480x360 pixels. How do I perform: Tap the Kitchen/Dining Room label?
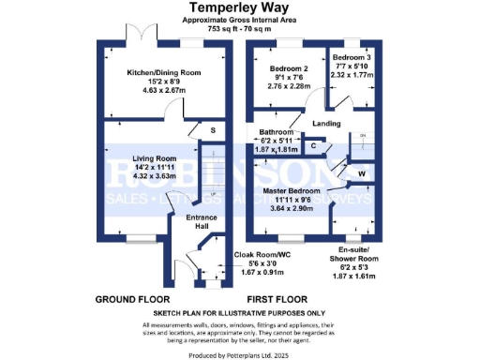[x=165, y=70]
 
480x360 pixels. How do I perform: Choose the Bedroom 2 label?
[x=291, y=69]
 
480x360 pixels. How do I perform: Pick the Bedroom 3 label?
[x=354, y=57]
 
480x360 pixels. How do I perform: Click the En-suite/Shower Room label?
[x=354, y=252]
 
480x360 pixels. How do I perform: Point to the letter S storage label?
[x=213, y=128]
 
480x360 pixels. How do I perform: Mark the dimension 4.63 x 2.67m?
[x=165, y=90]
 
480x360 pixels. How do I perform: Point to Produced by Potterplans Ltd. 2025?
[x=240, y=355]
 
